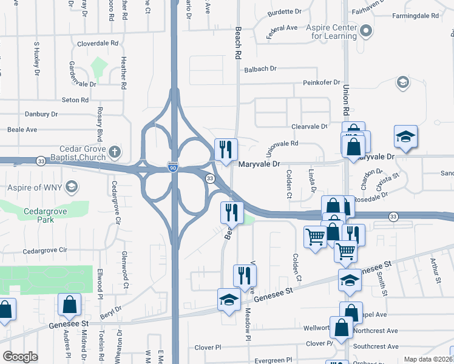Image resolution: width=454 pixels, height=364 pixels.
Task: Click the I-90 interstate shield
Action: point(173,167)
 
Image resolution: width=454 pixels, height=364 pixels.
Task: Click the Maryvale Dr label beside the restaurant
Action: point(259,164)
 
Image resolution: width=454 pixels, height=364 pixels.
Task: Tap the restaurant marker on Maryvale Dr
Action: point(226,149)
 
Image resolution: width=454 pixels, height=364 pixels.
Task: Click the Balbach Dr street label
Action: point(260,70)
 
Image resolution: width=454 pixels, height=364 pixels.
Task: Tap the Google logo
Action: point(20,356)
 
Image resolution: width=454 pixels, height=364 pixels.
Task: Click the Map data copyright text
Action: point(428,359)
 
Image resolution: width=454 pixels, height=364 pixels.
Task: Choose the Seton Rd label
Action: point(75,100)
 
